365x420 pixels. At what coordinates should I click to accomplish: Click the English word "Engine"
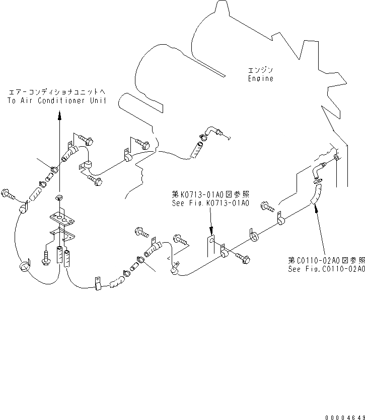coord(260,78)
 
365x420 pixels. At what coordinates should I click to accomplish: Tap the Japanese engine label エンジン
coord(260,69)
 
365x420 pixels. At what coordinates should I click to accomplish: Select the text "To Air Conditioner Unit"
coord(57,100)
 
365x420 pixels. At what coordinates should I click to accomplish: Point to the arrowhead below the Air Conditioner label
coord(59,116)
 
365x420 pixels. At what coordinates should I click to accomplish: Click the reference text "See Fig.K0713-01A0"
coord(210,203)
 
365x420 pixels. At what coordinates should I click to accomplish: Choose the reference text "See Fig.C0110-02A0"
coord(326,269)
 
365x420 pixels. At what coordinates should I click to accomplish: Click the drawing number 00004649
coord(343,413)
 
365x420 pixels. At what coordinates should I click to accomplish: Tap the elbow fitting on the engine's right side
coord(317,170)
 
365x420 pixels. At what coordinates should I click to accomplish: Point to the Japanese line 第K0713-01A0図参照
coord(210,194)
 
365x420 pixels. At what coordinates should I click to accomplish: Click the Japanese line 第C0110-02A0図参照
coord(326,260)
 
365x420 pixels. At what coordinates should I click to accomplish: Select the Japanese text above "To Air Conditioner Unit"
coord(57,92)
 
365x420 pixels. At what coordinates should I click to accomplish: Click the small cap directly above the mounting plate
coord(59,197)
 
